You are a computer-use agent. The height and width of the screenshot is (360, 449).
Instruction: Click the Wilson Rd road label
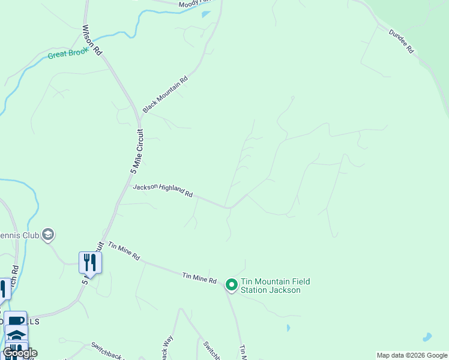[92, 40]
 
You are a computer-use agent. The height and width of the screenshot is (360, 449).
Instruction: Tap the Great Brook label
[68, 53]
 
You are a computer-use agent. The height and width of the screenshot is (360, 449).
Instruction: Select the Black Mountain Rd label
[165, 94]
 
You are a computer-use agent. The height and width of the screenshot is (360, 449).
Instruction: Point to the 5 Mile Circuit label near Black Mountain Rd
[137, 151]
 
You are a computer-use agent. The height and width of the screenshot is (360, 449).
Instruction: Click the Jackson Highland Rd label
[163, 190]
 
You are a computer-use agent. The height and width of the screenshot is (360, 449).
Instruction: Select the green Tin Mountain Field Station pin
[231, 285]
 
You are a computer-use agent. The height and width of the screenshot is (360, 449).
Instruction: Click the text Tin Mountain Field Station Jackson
[270, 286]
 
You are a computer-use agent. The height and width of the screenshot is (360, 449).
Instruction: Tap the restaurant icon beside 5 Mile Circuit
[90, 263]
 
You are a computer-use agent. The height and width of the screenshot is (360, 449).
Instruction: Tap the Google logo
[19, 353]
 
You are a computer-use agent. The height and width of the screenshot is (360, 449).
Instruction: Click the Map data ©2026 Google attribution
[412, 355]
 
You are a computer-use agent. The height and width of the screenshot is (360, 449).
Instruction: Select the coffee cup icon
[16, 320]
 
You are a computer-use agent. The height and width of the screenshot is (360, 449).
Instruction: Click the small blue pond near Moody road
[206, 14]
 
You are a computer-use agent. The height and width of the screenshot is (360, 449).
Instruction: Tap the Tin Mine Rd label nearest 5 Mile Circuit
[124, 251]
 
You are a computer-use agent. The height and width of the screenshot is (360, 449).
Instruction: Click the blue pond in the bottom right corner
[427, 337]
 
